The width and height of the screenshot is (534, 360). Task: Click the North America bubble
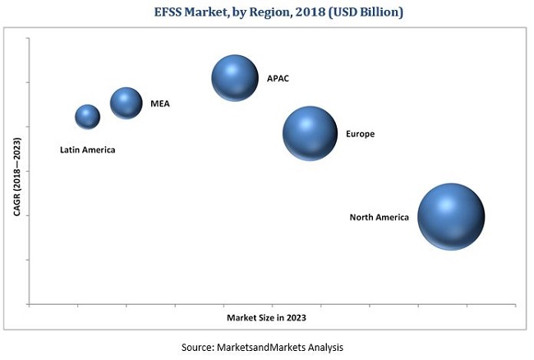[x=450, y=216]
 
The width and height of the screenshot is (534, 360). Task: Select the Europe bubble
[x=310, y=133]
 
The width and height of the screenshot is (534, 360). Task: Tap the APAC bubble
[x=236, y=78]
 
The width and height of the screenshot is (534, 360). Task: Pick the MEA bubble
[x=126, y=103]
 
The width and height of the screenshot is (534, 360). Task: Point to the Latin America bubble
[x=87, y=117]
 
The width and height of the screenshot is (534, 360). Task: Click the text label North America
[x=379, y=218]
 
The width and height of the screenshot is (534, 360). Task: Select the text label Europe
[x=360, y=133]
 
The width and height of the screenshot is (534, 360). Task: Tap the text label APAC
[x=278, y=79]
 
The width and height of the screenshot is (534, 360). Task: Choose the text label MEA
[x=159, y=104]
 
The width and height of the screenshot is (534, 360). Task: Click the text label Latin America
[x=87, y=150]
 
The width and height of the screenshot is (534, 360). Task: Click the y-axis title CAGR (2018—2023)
[x=16, y=177]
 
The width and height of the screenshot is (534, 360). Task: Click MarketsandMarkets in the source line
[x=262, y=347]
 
